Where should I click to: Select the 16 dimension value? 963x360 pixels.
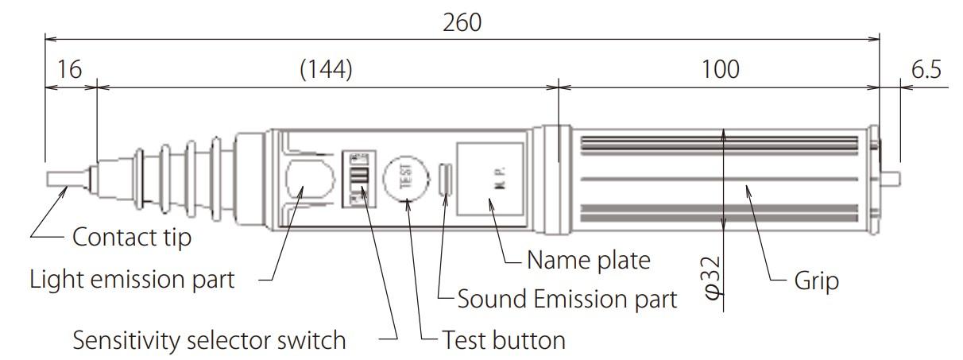(x=70, y=70)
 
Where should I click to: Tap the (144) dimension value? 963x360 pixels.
(x=326, y=70)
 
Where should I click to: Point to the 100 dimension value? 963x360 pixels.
(x=721, y=70)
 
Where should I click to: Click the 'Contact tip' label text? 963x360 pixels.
(x=132, y=237)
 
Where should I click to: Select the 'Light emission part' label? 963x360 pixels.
(x=132, y=280)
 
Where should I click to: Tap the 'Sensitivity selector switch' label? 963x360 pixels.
(x=210, y=341)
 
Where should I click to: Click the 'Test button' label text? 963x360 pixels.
(x=504, y=341)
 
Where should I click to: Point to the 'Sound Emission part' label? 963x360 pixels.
(x=567, y=300)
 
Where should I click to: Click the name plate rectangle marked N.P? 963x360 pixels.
(x=489, y=178)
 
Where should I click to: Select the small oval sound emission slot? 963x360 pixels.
(x=446, y=178)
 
